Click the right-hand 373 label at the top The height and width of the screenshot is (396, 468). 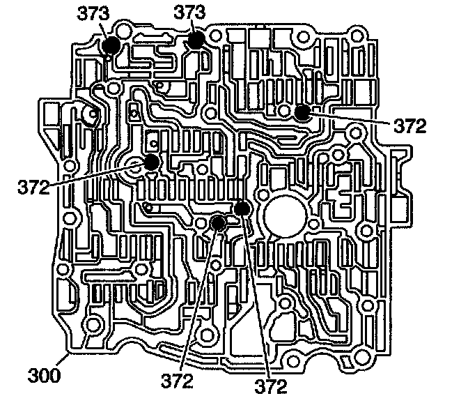[190, 13]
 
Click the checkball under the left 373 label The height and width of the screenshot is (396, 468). [110, 45]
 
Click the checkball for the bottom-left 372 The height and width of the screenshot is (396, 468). [218, 223]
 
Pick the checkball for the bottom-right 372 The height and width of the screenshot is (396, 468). [242, 208]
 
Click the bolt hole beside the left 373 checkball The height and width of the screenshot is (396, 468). [124, 33]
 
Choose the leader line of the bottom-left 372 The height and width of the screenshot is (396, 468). [198, 300]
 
